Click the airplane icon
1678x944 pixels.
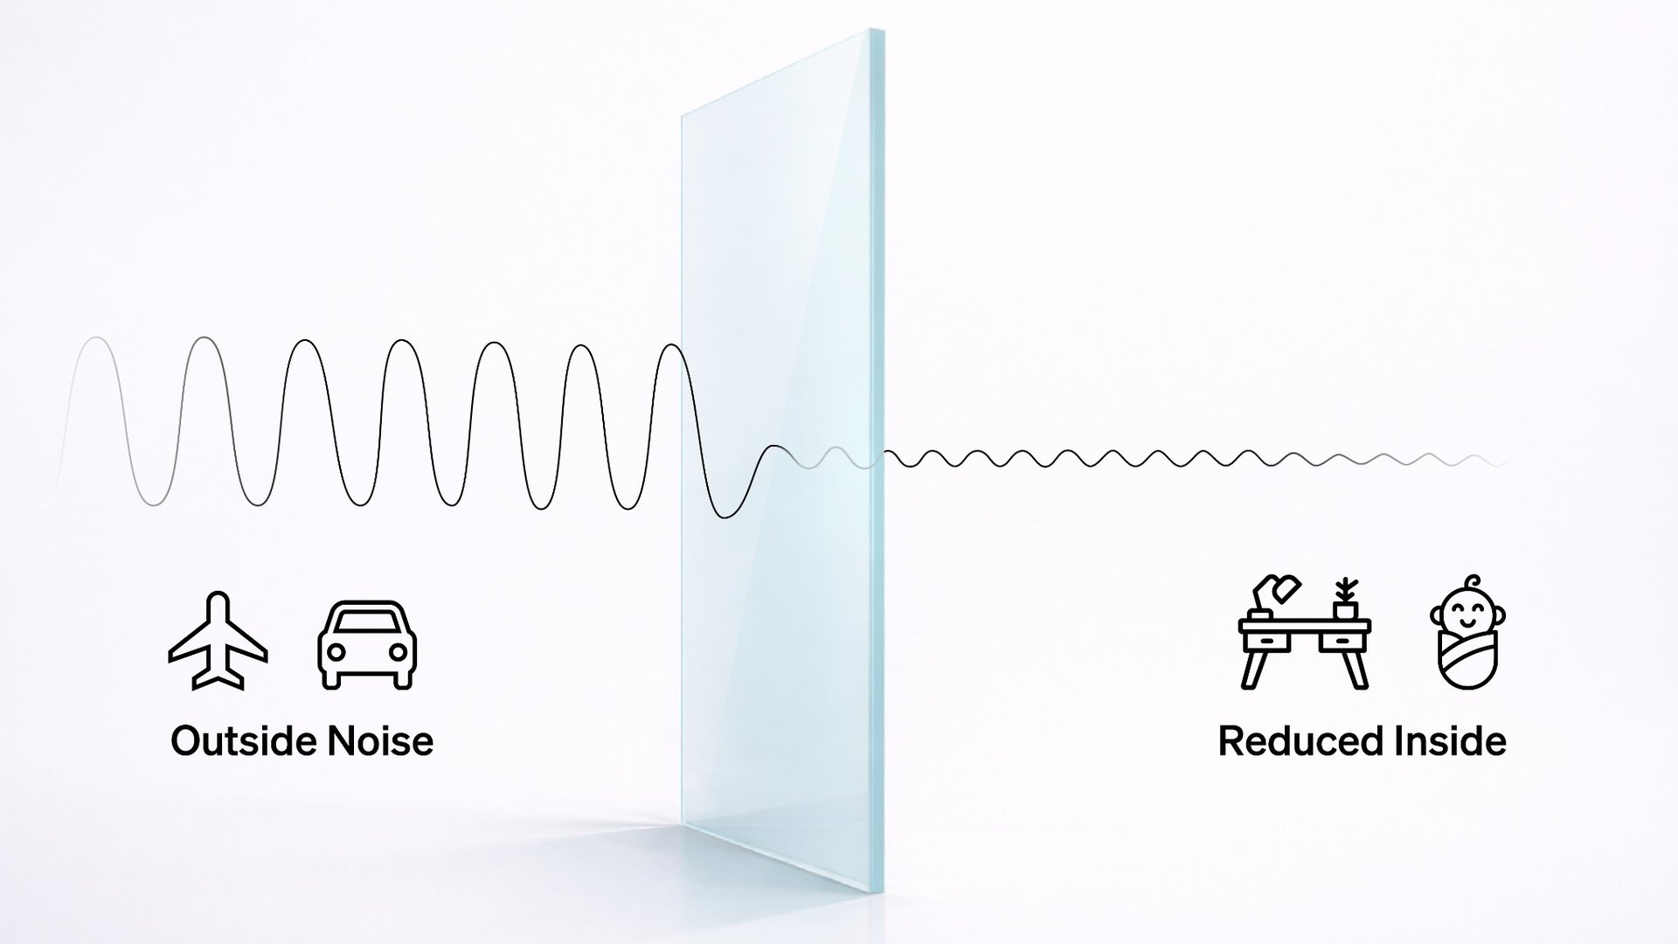pyautogui.click(x=218, y=642)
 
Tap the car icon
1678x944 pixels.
pyautogui.click(x=367, y=645)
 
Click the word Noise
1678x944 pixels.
pyautogui.click(x=380, y=741)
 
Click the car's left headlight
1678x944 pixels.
pyautogui.click(x=336, y=652)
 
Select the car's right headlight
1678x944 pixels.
pyautogui.click(x=398, y=652)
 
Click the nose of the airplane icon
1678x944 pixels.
pyautogui.click(x=218, y=598)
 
